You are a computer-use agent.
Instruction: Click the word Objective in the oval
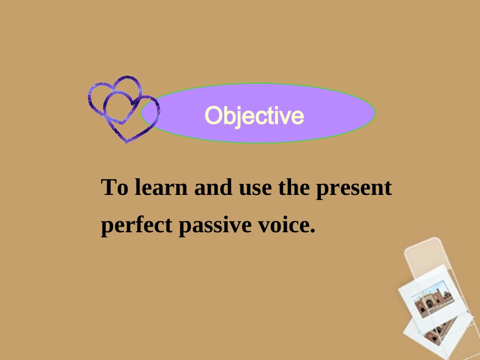pyautogui.click(x=254, y=116)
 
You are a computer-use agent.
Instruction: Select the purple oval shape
pyautogui.click(x=258, y=113)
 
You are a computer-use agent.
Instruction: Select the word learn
pyautogui.click(x=161, y=187)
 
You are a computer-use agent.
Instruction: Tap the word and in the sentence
pyautogui.click(x=213, y=187)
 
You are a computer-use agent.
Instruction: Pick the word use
pyautogui.click(x=255, y=189)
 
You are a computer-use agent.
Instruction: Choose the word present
pyautogui.click(x=354, y=189)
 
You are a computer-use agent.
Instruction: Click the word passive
pyautogui.click(x=215, y=226)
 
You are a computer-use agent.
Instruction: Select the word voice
pyautogui.click(x=283, y=224)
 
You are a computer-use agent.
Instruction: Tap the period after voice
pyautogui.click(x=312, y=231)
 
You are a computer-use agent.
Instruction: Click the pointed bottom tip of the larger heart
pyautogui.click(x=126, y=142)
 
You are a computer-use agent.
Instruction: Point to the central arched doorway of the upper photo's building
pyautogui.click(x=429, y=304)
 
